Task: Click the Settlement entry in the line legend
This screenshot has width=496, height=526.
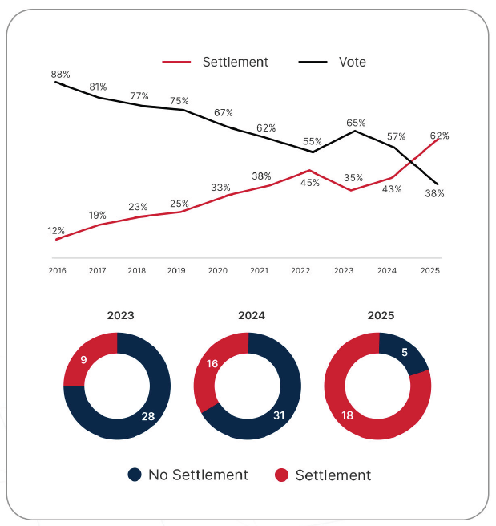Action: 235,62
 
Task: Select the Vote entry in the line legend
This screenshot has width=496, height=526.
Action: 352,62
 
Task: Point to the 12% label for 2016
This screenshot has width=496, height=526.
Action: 56,231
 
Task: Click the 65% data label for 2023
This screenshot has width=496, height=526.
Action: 356,123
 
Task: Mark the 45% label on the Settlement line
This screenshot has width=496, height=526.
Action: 310,182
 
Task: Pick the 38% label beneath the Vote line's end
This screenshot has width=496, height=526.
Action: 435,193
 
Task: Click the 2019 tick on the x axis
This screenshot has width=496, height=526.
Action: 176,271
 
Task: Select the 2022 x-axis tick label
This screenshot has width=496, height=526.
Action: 301,271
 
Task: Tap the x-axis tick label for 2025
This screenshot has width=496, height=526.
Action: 429,271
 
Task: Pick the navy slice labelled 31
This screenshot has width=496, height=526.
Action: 278,414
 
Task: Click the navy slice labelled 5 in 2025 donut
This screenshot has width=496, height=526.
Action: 405,351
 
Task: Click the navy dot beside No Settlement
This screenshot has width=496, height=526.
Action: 135,475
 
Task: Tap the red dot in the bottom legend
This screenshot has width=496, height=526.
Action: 281,475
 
